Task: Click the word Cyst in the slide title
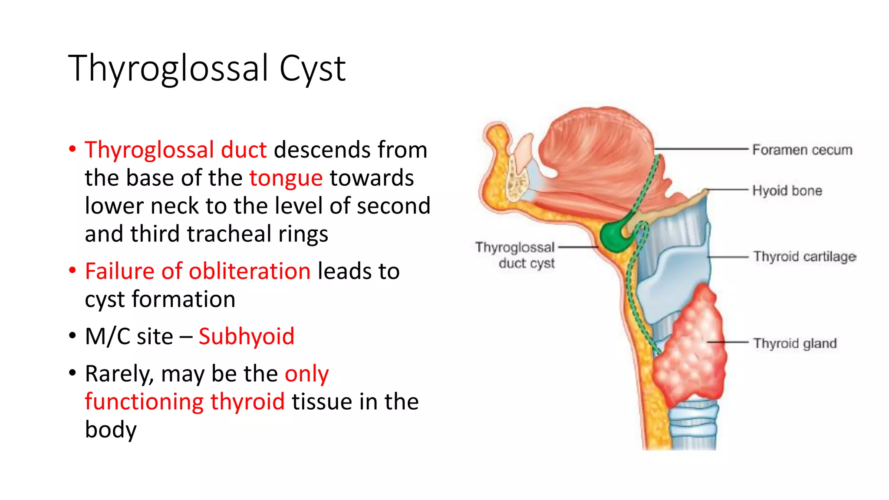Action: (312, 69)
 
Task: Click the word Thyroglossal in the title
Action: (168, 69)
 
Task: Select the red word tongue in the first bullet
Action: (286, 178)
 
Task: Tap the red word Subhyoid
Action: (246, 337)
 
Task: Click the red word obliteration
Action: (250, 272)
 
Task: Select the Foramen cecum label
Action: (802, 150)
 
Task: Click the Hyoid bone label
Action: (787, 191)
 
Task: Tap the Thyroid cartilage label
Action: (804, 257)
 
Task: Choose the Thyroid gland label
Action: (794, 343)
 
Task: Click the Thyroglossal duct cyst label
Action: (515, 255)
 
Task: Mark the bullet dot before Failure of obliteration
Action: (72, 271)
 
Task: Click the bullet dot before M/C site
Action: (72, 336)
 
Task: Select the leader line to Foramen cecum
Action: (703, 149)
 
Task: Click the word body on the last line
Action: (111, 430)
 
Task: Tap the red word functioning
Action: (144, 402)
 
